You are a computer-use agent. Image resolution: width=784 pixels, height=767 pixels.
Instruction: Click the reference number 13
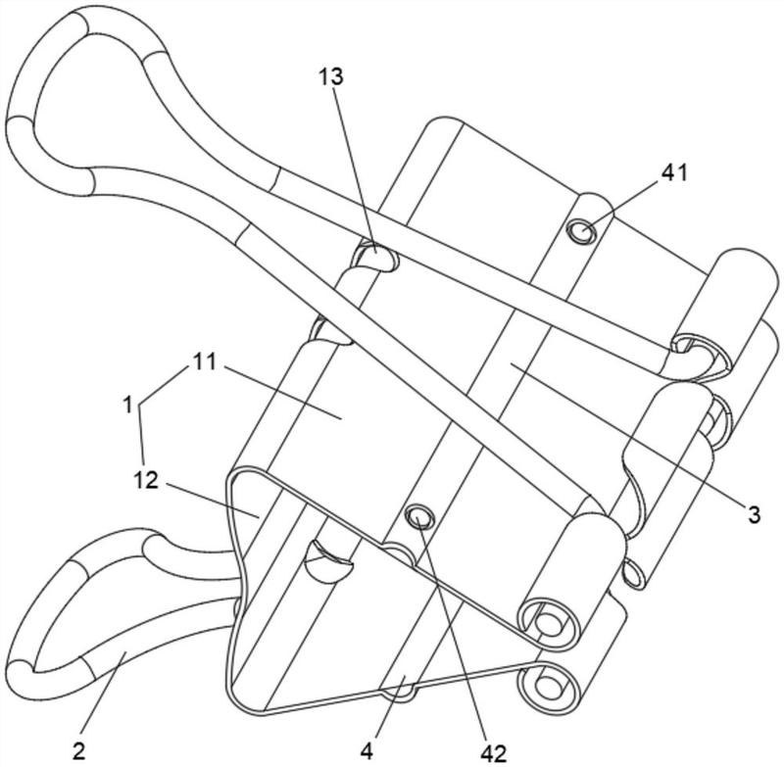tap(331, 77)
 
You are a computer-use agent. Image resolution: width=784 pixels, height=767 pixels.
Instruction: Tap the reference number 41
tap(674, 172)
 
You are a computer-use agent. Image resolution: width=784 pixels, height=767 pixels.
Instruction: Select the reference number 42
tap(494, 752)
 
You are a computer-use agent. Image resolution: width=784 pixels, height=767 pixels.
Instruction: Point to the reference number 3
tap(754, 513)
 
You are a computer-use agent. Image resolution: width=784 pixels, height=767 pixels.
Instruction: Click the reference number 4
tap(367, 751)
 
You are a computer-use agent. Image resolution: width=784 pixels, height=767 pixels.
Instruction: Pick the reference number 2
tap(79, 751)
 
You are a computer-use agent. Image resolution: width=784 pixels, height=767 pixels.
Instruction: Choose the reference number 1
tap(128, 405)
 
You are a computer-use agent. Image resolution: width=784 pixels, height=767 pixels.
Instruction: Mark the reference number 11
tap(204, 360)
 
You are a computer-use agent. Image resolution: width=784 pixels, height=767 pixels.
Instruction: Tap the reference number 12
tap(146, 481)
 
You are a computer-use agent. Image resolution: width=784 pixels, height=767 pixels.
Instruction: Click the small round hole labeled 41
tap(581, 232)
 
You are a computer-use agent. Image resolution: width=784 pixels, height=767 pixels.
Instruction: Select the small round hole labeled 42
tap(419, 516)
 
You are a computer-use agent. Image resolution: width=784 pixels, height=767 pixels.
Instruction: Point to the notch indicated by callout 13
tap(376, 256)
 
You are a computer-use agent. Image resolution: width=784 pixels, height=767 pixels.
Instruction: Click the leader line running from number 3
tap(626, 433)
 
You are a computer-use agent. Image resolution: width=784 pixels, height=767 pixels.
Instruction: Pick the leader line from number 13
tap(353, 168)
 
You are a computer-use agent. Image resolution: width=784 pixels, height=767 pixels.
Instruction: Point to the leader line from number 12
tap(212, 500)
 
